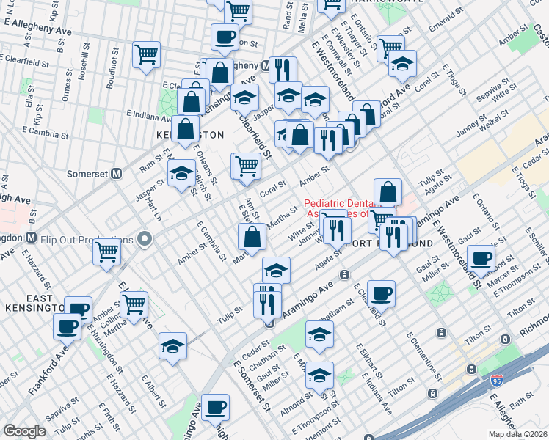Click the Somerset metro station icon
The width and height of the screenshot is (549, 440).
coord(114,174)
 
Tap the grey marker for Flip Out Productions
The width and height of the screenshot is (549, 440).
coord(145,239)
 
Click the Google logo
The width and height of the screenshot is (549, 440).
coord(24,431)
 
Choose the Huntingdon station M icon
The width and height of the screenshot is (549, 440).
coord(31,238)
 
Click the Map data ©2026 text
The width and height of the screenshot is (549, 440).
coord(517,434)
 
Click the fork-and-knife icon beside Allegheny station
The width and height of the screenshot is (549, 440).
coord(283,70)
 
